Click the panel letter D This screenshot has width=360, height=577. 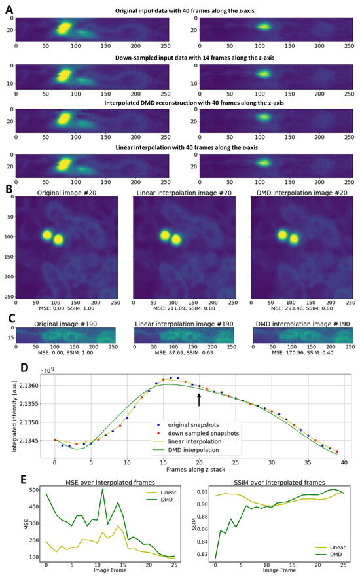pos(7,369)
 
